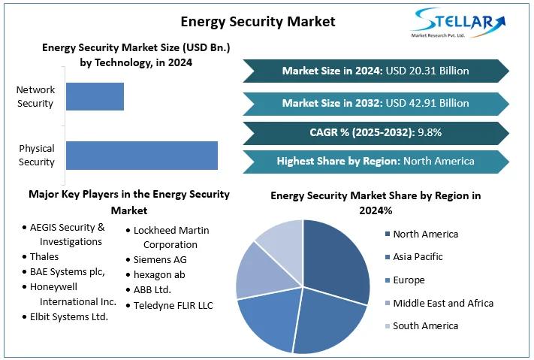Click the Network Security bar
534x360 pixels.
(x=95, y=96)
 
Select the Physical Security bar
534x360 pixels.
(x=141, y=155)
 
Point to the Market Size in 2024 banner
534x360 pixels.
(x=376, y=71)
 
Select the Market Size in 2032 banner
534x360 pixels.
(x=376, y=103)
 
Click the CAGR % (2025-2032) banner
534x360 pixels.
(x=376, y=132)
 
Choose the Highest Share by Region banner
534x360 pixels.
(x=376, y=161)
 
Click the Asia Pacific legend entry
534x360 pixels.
(x=418, y=257)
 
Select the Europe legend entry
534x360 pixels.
(x=409, y=280)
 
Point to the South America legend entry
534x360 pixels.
(x=424, y=325)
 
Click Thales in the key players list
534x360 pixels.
(x=44, y=257)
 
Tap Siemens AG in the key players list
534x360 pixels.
(x=160, y=259)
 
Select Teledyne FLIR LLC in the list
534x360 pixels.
(x=173, y=305)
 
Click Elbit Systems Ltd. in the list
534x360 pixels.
(x=69, y=316)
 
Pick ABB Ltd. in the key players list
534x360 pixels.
(x=152, y=289)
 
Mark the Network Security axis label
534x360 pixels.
(x=35, y=96)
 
